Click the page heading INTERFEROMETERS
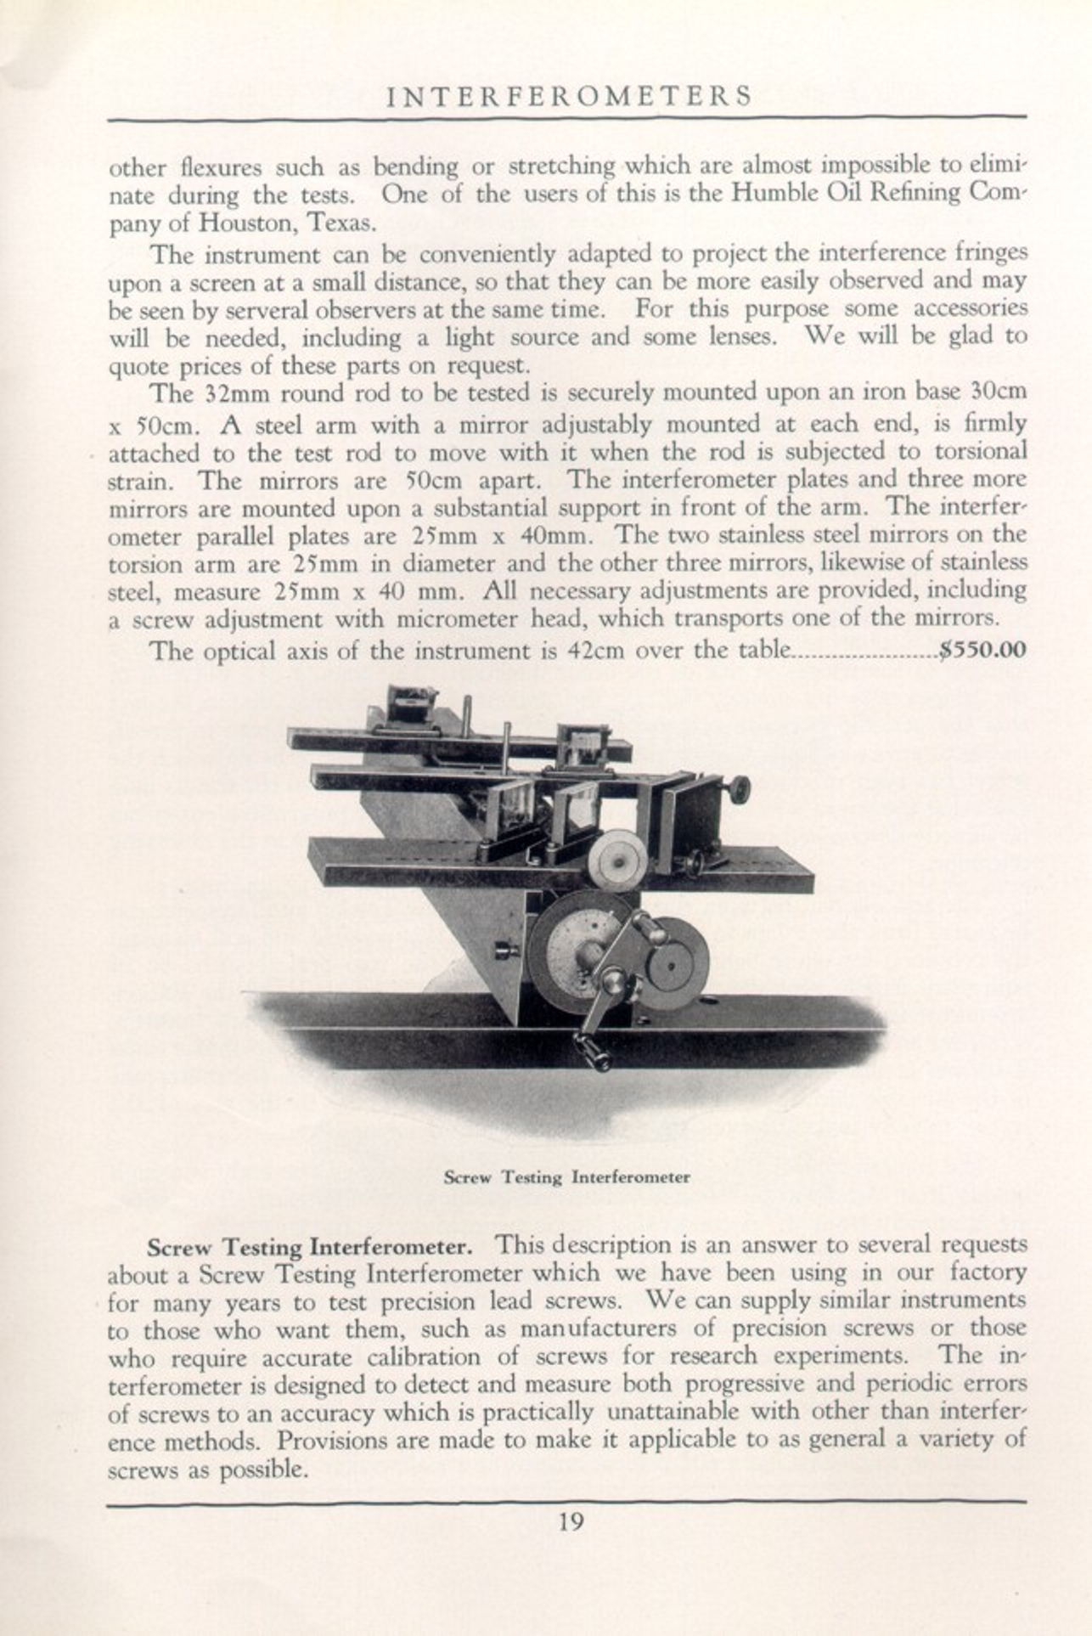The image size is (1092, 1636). [568, 96]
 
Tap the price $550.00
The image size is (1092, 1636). [983, 651]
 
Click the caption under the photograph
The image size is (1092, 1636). [566, 1177]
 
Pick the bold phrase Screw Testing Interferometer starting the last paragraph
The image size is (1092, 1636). [309, 1248]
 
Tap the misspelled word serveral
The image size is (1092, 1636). [234, 308]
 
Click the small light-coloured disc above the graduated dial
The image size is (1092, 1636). [616, 860]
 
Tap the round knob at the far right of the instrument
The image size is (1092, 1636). [739, 789]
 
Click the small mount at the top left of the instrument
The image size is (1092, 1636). [411, 707]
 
